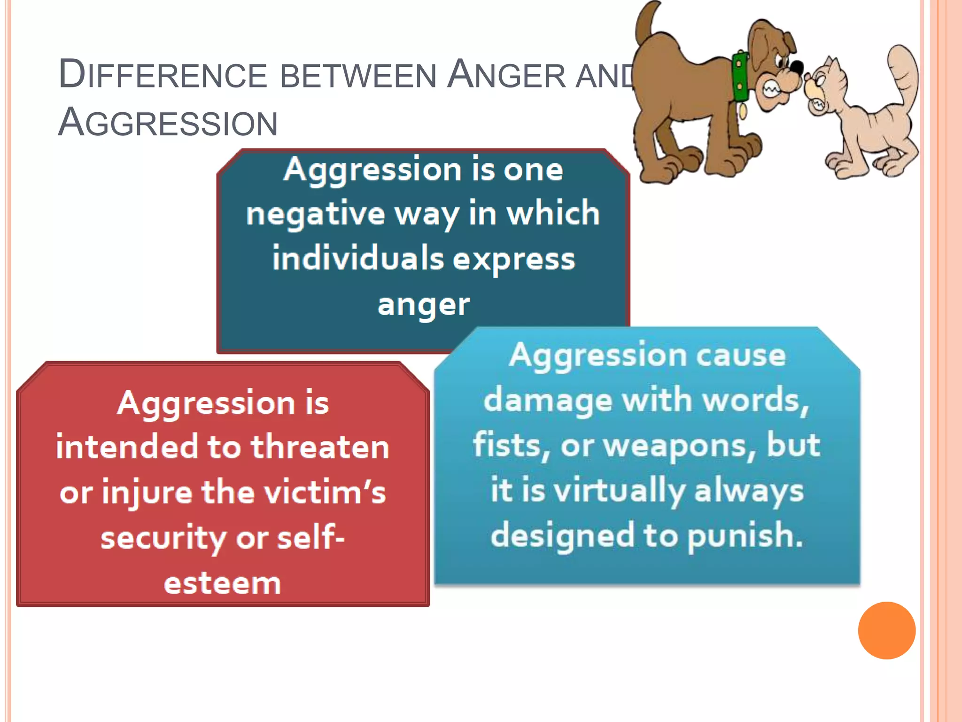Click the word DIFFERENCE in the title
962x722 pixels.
pos(163,75)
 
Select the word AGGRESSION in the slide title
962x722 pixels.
pos(168,123)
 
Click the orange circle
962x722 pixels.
pos(886,630)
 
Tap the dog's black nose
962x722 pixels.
pos(796,68)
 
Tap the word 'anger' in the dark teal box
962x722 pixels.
pos(423,305)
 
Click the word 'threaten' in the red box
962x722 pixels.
pos(320,447)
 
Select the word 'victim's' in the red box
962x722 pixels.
pos(325,493)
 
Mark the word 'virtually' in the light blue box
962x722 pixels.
pos(620,491)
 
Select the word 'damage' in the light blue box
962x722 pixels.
pos(548,400)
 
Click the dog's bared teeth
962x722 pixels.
pos(771,89)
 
